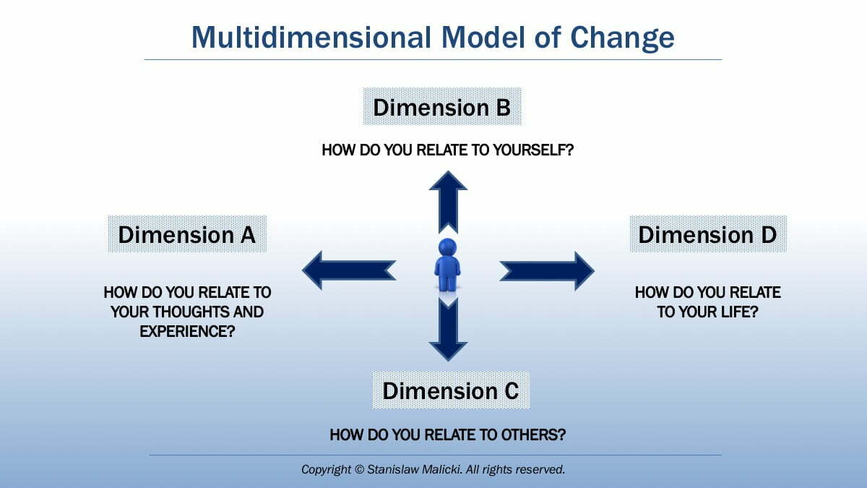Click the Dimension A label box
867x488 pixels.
point(187,234)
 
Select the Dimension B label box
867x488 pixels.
point(441,108)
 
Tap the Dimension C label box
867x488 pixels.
point(450,390)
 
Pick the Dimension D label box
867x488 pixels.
point(707,234)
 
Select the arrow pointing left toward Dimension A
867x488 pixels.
point(348,270)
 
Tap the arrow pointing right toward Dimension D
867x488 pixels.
point(547,270)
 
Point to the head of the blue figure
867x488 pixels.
point(447,246)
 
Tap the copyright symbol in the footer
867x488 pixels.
point(359,470)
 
